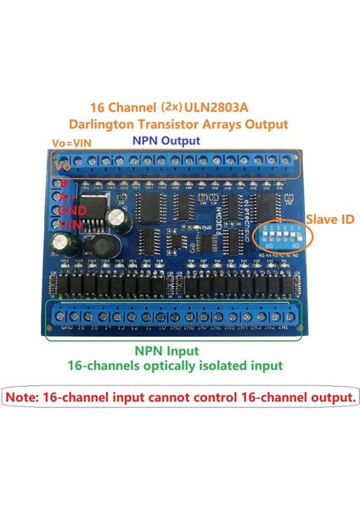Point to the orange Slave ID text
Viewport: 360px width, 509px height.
click(327, 218)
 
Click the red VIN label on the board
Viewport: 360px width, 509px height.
click(69, 224)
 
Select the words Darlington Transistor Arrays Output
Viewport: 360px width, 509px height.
click(179, 125)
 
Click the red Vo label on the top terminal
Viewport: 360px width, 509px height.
click(63, 168)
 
